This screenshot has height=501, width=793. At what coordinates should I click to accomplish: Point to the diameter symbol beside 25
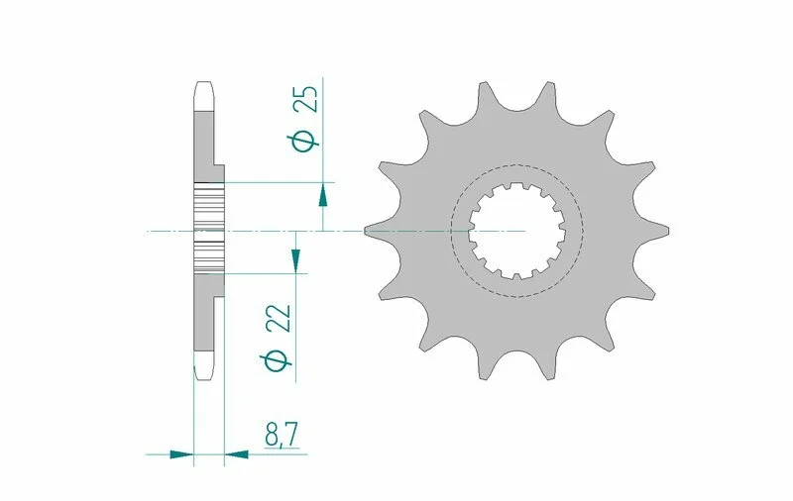[307, 140]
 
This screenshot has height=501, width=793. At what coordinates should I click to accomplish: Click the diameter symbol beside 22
[281, 361]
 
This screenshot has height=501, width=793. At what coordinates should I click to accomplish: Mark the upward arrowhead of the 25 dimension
[323, 194]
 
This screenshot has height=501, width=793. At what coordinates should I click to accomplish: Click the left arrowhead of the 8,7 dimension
[181, 454]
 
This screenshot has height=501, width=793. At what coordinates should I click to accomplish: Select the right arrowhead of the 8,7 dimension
[237, 454]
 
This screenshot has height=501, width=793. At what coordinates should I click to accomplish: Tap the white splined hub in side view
[209, 231]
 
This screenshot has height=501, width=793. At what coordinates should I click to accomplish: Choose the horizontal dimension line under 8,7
[268, 454]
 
